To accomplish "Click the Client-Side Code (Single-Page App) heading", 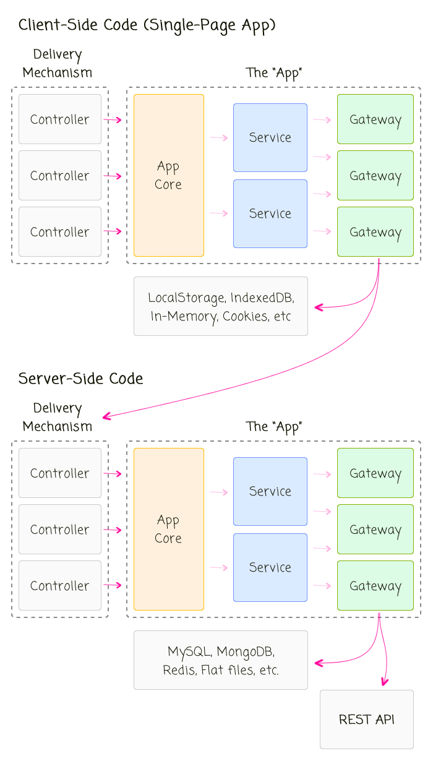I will click(147, 25).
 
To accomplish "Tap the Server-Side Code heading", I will click(80, 379).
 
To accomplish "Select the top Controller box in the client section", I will click(60, 119).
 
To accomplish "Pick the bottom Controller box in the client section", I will click(60, 232).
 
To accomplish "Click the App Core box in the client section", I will click(169, 175).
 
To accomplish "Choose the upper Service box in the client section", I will click(270, 137).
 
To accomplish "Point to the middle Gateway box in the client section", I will click(375, 176).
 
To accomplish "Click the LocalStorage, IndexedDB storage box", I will click(221, 306).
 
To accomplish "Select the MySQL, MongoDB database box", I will click(221, 660).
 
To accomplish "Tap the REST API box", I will click(367, 719).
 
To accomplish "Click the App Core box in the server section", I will click(169, 529).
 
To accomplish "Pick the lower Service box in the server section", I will click(270, 567).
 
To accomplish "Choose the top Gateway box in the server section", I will click(375, 473).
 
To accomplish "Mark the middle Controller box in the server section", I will click(60, 530).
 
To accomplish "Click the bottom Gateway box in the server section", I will click(375, 586).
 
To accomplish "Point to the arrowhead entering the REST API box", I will click(384, 682).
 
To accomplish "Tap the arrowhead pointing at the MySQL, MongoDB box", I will click(319, 663).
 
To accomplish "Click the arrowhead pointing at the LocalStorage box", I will click(319, 307).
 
